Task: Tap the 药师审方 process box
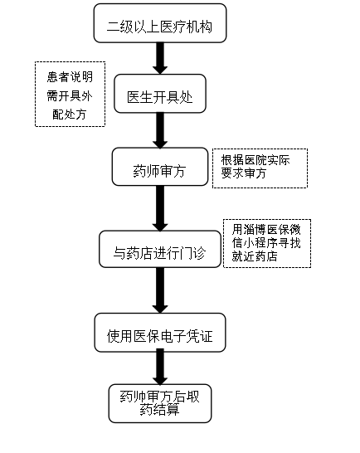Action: (x=160, y=168)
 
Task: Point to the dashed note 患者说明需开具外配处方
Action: (x=71, y=95)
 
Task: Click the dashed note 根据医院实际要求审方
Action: (x=260, y=168)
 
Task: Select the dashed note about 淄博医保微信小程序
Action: (x=267, y=243)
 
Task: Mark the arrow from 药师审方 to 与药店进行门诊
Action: (x=160, y=207)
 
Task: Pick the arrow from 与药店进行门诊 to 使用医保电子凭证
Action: (x=160, y=290)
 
